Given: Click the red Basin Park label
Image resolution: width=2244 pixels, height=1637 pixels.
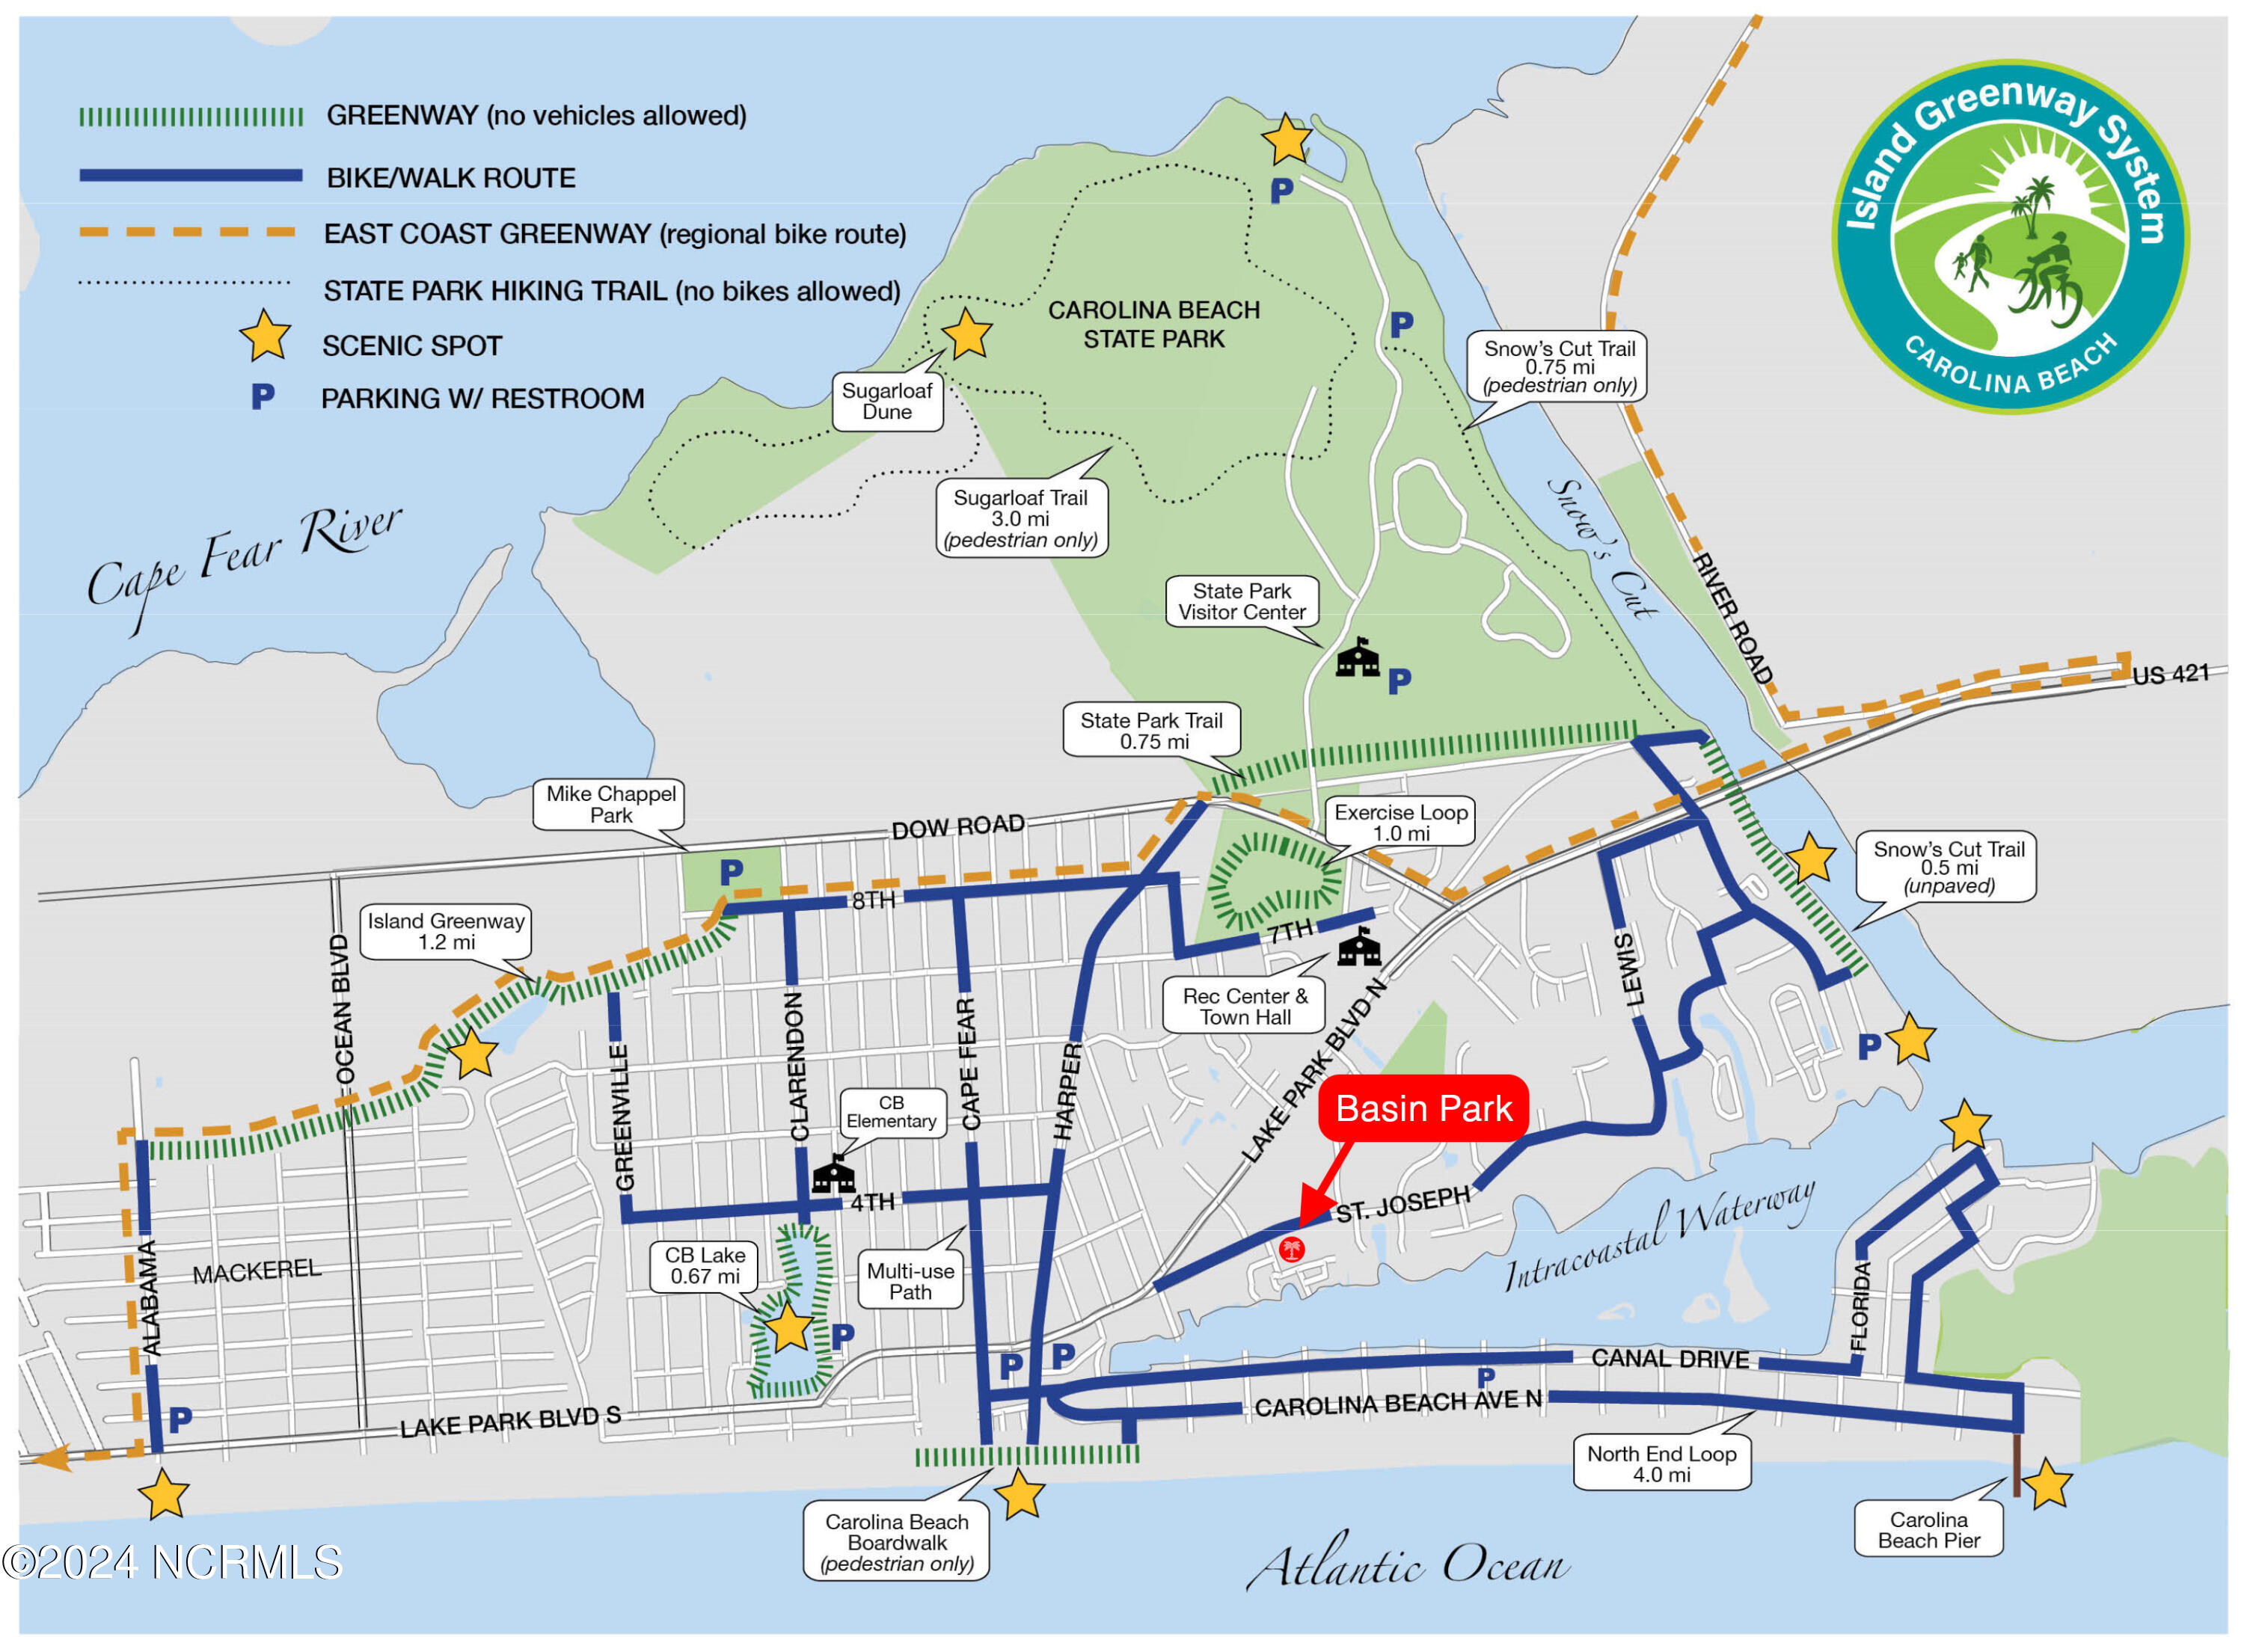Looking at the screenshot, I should click(1423, 1108).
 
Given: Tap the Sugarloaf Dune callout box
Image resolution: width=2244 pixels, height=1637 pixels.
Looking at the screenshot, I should click(886, 402).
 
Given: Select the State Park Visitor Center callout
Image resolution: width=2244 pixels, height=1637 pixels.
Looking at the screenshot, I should click(1241, 601).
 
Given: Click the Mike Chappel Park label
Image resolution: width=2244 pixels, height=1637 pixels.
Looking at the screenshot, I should click(610, 804).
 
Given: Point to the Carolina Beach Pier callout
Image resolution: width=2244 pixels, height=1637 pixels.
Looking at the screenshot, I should click(1928, 1529).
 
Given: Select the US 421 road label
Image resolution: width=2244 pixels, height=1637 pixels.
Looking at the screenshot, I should click(2170, 675).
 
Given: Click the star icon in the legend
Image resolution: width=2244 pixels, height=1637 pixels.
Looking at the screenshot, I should click(265, 337).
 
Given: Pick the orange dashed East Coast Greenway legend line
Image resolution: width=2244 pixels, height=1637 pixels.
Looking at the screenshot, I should click(188, 232).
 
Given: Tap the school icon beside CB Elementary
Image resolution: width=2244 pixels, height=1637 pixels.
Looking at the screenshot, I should click(833, 1176).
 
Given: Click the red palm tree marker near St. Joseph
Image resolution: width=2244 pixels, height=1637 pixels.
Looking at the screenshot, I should click(1290, 1250).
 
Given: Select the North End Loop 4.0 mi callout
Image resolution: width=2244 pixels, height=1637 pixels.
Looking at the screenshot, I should click(1661, 1464).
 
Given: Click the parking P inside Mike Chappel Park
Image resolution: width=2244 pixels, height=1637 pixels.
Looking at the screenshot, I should click(732, 872).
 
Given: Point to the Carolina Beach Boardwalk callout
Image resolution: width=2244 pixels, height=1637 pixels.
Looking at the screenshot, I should click(896, 1542).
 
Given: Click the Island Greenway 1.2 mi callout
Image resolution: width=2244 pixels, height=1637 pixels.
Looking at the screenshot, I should click(446, 932).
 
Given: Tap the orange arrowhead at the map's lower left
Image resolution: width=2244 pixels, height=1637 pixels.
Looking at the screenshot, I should click(52, 1458).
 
